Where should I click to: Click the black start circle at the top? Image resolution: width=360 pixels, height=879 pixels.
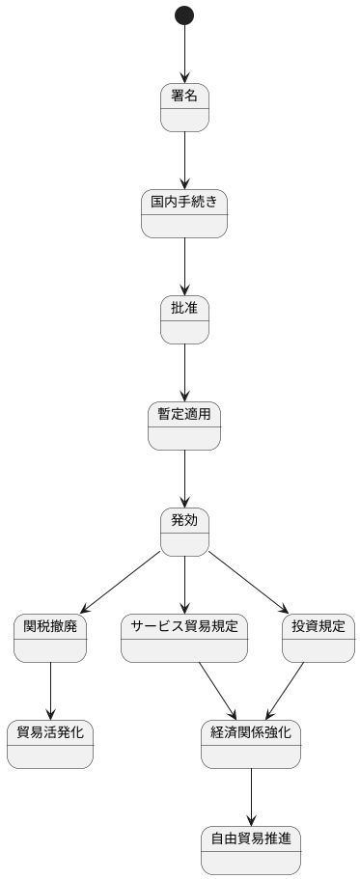click(184, 15)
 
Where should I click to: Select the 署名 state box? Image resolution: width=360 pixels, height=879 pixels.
click(184, 107)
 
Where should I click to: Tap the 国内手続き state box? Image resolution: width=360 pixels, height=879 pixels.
click(184, 213)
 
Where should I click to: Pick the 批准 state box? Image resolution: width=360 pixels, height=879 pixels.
click(184, 319)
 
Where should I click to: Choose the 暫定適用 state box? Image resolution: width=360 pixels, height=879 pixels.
click(184, 426)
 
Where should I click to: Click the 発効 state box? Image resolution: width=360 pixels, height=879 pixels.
click(184, 532)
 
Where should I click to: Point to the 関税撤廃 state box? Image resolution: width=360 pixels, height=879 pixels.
click(50, 638)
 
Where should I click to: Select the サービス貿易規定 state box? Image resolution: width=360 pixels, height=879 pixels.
click(184, 638)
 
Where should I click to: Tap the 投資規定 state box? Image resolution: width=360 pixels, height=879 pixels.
click(318, 638)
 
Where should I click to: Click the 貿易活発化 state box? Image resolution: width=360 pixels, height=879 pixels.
click(50, 744)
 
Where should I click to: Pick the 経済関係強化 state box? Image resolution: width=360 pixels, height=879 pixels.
click(251, 744)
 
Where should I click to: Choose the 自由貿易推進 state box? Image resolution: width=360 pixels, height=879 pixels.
click(251, 850)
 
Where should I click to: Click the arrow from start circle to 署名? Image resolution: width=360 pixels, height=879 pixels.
click(184, 53)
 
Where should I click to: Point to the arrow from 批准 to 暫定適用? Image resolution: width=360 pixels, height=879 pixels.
click(184, 372)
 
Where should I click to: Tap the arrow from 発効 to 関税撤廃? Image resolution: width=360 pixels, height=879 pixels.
click(120, 583)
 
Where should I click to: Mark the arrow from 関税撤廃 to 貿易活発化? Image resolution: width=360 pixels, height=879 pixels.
click(50, 691)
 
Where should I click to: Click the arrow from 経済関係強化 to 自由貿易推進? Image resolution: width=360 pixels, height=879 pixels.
click(251, 797)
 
